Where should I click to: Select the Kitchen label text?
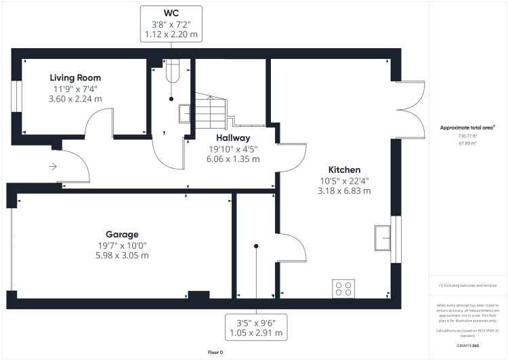tap(344, 169)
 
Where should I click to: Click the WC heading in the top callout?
tap(171, 12)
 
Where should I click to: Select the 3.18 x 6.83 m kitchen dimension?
tap(344, 191)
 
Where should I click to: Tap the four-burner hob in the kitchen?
tap(343, 288)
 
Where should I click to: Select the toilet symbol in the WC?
tap(172, 70)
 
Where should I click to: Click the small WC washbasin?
tap(184, 113)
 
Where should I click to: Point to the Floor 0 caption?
tap(215, 353)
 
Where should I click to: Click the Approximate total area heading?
tap(467, 127)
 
